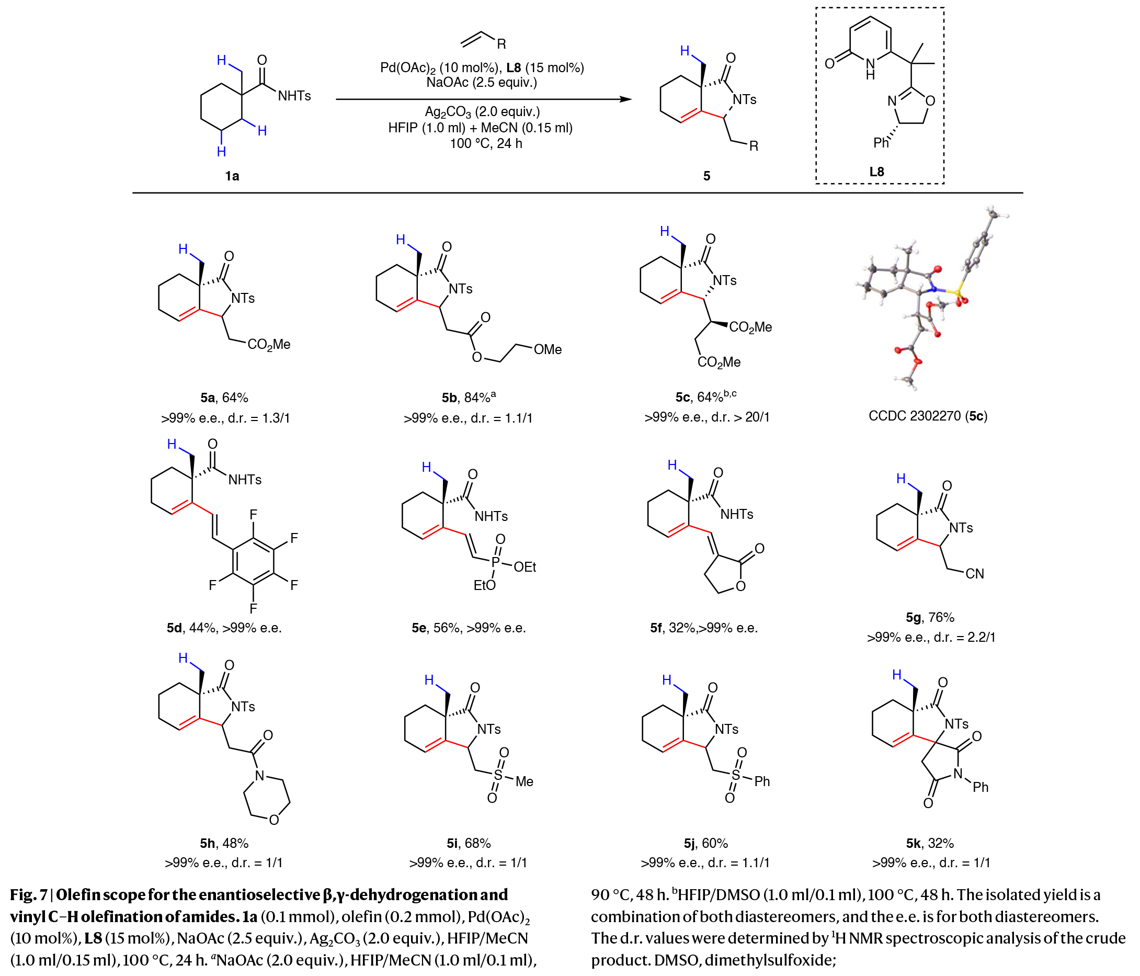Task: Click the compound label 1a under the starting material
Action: tap(232, 176)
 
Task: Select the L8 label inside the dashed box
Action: tap(876, 172)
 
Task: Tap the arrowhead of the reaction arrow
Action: tap(625, 99)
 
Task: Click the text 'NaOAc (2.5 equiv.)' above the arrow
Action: tap(482, 83)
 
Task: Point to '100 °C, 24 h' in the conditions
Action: tap(486, 144)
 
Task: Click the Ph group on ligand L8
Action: tap(880, 143)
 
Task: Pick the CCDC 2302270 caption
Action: tap(928, 416)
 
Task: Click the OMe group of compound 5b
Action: tap(548, 350)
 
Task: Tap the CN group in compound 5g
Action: tap(974, 574)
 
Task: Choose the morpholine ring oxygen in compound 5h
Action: tap(274, 820)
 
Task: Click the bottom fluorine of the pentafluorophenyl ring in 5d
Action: tap(253, 608)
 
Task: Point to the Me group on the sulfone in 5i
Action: tap(525, 781)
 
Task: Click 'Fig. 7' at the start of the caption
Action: tap(28, 895)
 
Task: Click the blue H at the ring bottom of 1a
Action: tap(221, 152)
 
